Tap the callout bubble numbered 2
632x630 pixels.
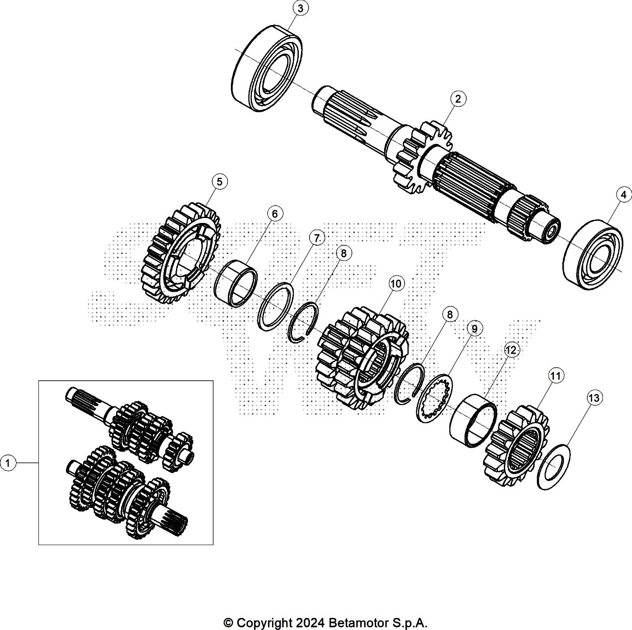[x=458, y=99]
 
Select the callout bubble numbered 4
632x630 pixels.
[x=624, y=195]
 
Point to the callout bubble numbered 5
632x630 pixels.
[x=219, y=182]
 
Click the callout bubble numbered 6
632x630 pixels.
[x=275, y=214]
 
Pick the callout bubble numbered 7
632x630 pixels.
[x=317, y=239]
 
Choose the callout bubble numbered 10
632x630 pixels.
[x=396, y=284]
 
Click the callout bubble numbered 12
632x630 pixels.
[x=511, y=350]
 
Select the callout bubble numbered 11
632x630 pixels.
[x=556, y=376]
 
